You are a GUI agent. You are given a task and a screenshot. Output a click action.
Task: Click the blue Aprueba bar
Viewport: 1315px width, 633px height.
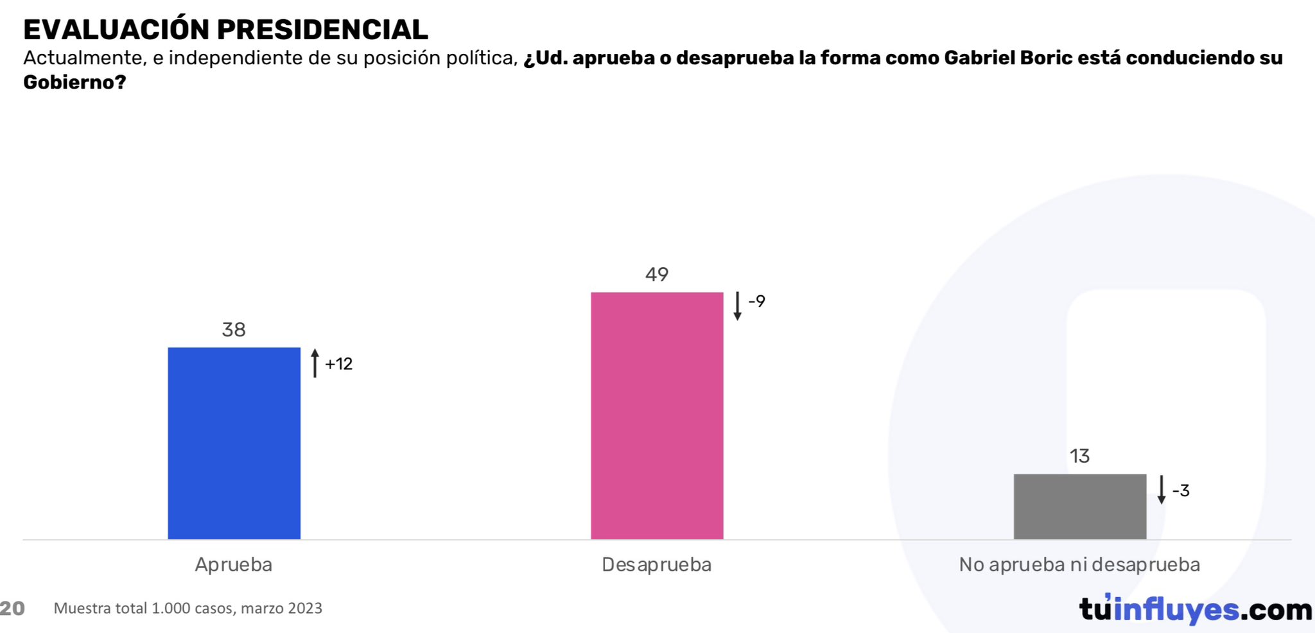click(234, 443)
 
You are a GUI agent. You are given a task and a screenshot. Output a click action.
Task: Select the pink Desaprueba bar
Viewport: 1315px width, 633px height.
click(656, 415)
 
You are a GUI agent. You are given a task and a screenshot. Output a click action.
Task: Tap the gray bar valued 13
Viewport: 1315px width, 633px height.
click(1079, 507)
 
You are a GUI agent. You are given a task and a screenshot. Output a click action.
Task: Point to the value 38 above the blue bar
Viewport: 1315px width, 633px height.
click(234, 330)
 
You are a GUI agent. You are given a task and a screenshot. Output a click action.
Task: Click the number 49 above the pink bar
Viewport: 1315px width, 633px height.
click(657, 275)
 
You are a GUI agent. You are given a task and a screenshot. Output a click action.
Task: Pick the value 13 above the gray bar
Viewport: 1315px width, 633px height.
click(1079, 456)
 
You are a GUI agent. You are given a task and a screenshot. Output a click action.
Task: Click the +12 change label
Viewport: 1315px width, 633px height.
click(338, 364)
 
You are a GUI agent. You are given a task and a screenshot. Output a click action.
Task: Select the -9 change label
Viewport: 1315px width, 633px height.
click(756, 301)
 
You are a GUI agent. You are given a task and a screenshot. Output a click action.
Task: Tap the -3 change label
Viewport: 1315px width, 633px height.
click(1180, 490)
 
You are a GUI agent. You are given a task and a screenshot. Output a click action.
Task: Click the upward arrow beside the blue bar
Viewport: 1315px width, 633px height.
click(315, 363)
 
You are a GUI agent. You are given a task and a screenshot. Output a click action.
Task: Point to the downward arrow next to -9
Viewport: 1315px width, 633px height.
click(737, 306)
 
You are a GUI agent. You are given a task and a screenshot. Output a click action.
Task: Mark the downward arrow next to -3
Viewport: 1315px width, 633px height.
click(1161, 490)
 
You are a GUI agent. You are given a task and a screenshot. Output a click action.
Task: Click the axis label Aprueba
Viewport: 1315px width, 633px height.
click(234, 565)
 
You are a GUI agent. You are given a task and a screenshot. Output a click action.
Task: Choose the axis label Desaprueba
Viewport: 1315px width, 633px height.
click(656, 565)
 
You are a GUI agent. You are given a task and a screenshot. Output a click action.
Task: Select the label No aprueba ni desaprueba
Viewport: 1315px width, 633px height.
click(1079, 565)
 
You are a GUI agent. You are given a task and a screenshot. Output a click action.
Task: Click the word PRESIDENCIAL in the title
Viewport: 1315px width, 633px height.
click(322, 30)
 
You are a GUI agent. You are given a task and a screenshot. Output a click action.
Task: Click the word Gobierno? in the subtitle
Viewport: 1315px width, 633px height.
click(74, 82)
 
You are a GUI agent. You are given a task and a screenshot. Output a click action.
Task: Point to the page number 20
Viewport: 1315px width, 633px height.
click(12, 608)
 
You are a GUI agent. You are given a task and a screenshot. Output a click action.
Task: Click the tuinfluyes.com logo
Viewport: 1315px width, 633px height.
click(1196, 609)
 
